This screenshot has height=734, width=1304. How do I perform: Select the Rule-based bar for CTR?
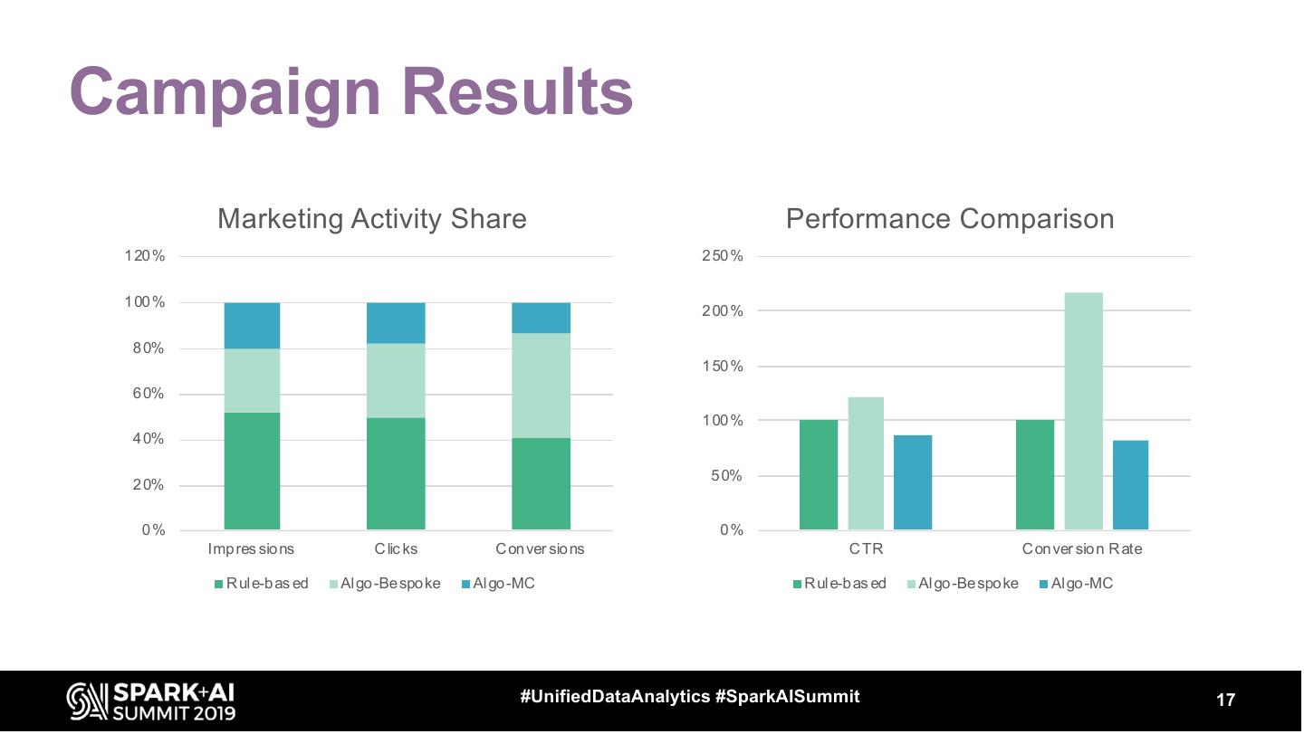[x=819, y=475]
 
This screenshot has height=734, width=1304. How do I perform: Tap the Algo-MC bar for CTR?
[x=912, y=482]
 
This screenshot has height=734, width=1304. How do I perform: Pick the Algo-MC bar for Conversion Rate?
[x=1130, y=485]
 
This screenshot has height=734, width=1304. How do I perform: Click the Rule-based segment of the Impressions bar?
[x=252, y=471]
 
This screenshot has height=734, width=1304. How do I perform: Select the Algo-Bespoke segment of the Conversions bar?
[x=541, y=386]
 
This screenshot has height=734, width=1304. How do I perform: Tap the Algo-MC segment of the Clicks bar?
[x=396, y=323]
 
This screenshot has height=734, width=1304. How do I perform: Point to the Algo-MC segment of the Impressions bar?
[x=252, y=326]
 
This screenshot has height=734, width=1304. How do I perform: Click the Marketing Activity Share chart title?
[x=371, y=219]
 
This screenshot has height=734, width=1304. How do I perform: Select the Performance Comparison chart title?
[x=949, y=219]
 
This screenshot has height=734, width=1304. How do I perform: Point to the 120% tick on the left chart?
[x=145, y=256]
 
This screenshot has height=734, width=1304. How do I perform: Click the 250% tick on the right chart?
[x=723, y=256]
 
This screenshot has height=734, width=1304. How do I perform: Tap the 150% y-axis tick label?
[x=723, y=367]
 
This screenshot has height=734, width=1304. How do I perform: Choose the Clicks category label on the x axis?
[x=396, y=548]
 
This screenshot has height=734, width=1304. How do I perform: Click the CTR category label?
[x=866, y=548]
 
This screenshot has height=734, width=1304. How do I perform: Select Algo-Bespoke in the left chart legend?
[x=389, y=584]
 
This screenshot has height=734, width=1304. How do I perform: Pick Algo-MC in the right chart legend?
[x=1081, y=584]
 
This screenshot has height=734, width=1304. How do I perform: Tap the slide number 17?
[x=1225, y=701]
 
